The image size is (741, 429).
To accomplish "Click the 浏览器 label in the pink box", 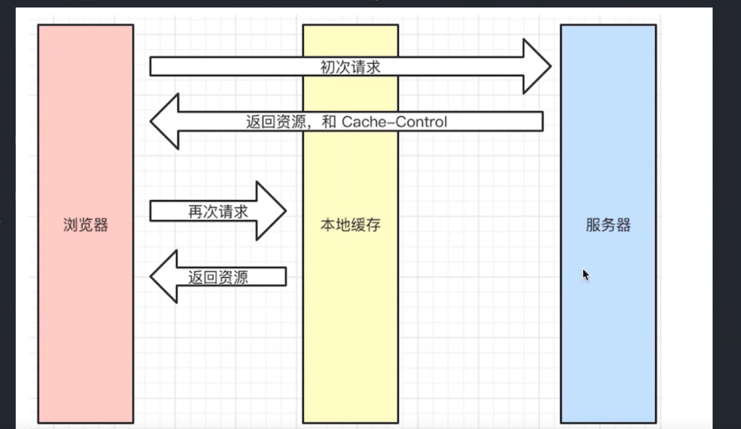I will pos(86,225).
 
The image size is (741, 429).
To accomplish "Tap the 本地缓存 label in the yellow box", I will pos(350,225).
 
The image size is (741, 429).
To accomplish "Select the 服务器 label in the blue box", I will pos(608,225).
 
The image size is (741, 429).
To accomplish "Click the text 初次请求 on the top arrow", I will pos(350,67).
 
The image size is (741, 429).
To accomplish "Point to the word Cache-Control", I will pos(394,122).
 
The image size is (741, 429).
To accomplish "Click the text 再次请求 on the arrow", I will pos(218,211).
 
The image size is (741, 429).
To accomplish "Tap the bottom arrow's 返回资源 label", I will pos(218,277).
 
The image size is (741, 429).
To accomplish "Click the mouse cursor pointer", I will pos(586,274).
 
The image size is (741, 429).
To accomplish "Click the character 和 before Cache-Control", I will pos(328,122).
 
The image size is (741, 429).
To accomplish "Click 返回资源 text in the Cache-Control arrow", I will pos(276,122).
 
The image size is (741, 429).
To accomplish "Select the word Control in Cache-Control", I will pos(421,122).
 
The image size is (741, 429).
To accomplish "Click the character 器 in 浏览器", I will pos(101,225).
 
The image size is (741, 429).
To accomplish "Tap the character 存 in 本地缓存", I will pos(373,225).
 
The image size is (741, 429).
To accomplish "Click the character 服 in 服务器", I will pos(593,225).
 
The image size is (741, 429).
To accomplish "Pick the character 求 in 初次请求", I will pos(373,67).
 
